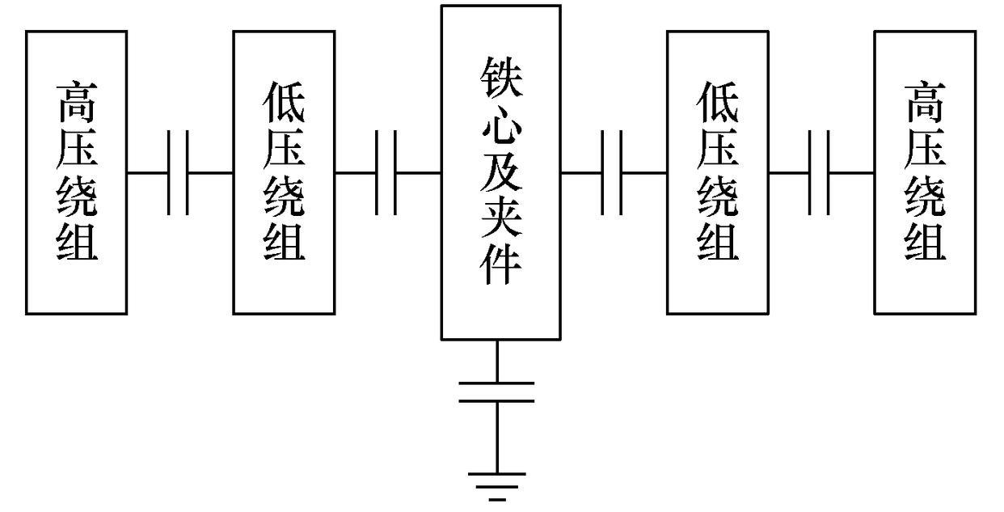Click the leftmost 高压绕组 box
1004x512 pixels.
76,171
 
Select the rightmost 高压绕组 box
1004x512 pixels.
925,171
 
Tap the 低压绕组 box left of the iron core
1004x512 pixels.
284,171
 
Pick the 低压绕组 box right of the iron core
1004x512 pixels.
717,171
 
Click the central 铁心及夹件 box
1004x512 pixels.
500,171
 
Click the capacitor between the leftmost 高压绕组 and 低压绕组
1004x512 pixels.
179,172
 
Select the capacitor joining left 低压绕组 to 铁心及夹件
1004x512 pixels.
386,172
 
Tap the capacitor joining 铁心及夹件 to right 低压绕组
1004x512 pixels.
612,172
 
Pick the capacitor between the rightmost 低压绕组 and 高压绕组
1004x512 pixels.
820,172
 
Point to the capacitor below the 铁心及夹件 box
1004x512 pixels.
496,391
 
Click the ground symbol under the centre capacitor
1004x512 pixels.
496,485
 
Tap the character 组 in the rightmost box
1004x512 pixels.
925,241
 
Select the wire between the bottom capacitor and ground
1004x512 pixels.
496,437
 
